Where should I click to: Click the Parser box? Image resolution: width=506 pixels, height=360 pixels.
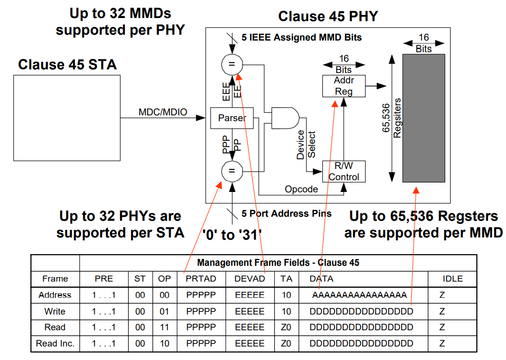tap(232, 118)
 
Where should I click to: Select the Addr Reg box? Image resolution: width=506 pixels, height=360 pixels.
tap(344, 86)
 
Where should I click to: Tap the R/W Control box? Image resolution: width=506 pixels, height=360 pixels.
tap(344, 171)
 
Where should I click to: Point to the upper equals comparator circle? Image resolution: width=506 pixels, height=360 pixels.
tap(232, 64)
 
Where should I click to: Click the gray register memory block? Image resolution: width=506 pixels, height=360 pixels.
tap(423, 118)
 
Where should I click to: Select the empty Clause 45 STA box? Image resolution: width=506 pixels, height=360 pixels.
tap(67, 118)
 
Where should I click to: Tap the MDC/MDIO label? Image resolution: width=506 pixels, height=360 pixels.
tap(163, 112)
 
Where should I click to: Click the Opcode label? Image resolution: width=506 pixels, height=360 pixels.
tap(301, 189)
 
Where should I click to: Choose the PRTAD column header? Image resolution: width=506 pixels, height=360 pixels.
tap(201, 279)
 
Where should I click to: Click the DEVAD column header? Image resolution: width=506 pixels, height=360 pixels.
tap(249, 279)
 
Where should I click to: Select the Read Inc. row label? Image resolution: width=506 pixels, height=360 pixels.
tap(55, 343)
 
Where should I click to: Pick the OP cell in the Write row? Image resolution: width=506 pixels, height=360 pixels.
tap(165, 311)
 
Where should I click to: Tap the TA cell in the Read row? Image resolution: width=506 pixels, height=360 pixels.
tap(286, 327)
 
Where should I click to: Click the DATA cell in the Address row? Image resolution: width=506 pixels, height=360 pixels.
tap(359, 295)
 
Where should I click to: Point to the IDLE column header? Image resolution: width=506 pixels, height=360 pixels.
tap(452, 279)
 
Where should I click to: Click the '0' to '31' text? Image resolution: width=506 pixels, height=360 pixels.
tap(232, 235)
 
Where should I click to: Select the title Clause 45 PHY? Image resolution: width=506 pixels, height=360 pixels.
tap(328, 17)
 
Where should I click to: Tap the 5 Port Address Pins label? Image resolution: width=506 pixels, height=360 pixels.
tap(286, 214)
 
